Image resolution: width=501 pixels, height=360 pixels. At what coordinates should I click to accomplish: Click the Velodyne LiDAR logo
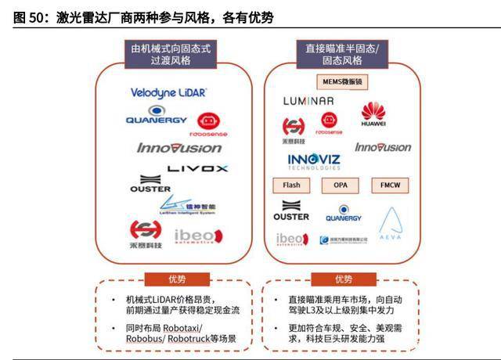point(168,92)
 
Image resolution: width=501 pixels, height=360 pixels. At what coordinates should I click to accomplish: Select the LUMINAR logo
point(308,101)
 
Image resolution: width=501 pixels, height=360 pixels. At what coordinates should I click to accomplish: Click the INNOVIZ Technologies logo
point(313,162)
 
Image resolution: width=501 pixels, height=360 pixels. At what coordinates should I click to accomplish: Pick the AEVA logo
point(390,225)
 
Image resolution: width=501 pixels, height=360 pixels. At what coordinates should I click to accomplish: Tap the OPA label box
point(341,186)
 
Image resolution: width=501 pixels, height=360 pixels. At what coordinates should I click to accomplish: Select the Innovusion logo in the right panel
point(383,147)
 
